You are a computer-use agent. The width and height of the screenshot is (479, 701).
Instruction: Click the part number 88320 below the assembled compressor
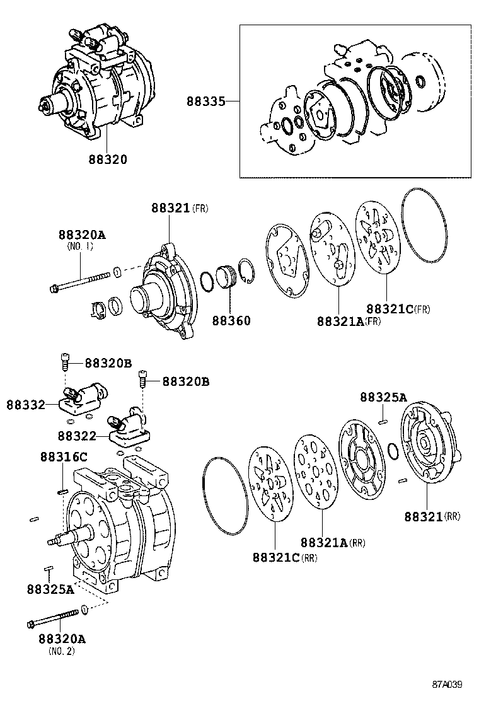[x=107, y=159]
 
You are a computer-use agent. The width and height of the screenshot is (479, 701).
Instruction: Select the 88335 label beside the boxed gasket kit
[x=205, y=101]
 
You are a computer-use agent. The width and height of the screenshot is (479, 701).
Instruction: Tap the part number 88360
[x=231, y=321]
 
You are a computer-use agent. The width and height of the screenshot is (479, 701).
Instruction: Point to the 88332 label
[x=26, y=404]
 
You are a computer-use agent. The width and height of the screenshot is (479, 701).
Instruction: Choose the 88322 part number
[x=76, y=436]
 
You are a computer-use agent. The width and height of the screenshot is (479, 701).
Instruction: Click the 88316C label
[x=64, y=456]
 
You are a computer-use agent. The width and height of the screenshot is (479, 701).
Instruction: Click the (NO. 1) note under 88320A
[x=80, y=246]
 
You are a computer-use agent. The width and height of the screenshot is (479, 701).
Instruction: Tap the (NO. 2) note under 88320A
[x=61, y=651]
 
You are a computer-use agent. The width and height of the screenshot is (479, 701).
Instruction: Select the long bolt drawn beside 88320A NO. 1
[x=78, y=282]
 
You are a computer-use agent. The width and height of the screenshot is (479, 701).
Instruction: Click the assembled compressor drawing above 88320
[x=101, y=82]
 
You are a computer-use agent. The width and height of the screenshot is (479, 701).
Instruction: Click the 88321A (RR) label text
[x=332, y=542]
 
